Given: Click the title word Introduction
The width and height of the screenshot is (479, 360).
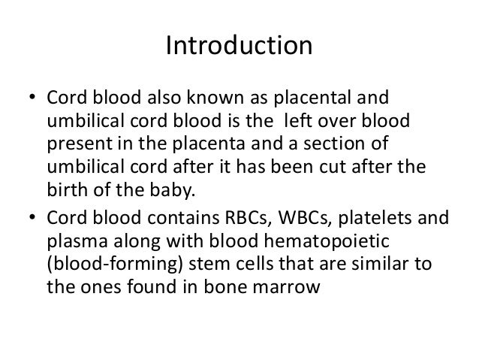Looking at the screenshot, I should pyautogui.click(x=239, y=47).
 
